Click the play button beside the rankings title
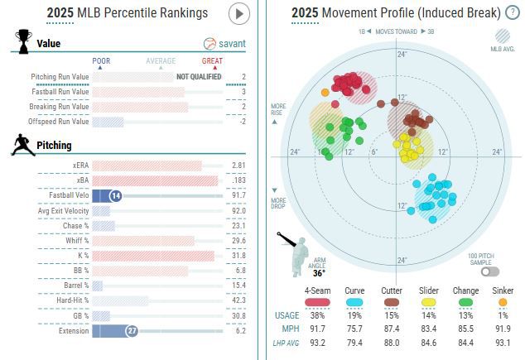coord(238,13)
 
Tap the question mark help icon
coord(513,12)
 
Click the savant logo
coord(225,44)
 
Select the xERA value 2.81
coord(238,166)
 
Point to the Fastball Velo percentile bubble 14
coord(116,195)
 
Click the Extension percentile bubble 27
coord(131,330)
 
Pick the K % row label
coord(80,255)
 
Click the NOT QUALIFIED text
coord(198,77)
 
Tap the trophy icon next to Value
coord(23,41)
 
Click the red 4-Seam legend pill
coord(318,302)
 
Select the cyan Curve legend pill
coord(355,302)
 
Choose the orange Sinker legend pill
coord(503,302)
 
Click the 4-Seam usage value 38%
coord(318,315)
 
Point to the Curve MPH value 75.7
coord(355,329)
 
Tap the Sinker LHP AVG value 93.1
coord(503,342)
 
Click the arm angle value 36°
coord(319,272)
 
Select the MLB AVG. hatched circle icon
coord(503,37)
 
